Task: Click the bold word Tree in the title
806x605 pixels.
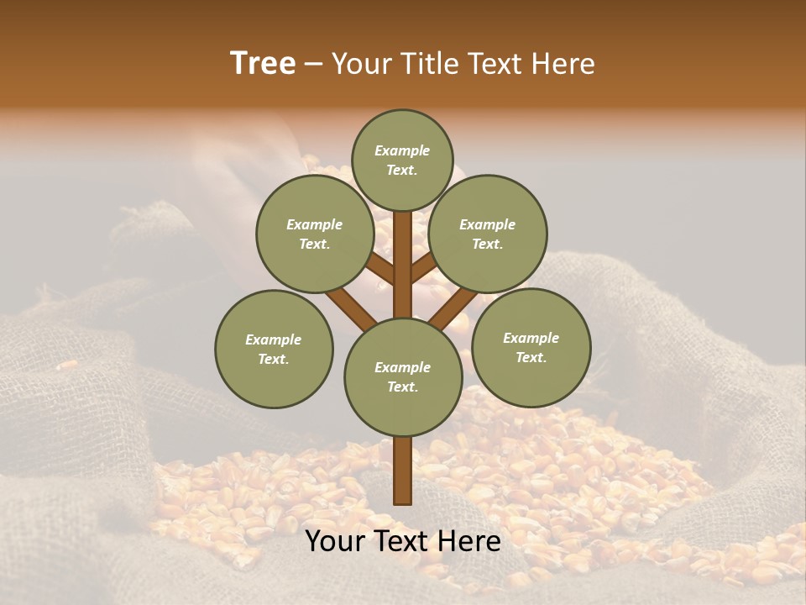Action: coord(263,63)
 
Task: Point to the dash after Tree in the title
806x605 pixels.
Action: coord(313,65)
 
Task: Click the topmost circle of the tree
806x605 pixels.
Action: coord(402,160)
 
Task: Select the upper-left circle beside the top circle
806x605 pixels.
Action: coord(314,234)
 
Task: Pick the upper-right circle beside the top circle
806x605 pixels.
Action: coord(487,234)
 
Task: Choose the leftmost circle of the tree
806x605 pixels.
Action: coord(274,349)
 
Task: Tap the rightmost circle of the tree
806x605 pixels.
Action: coord(531,347)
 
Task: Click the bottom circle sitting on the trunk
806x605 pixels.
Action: coord(403,376)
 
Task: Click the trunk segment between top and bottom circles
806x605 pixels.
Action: coord(403,265)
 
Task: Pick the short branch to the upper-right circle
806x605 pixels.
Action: coord(424,268)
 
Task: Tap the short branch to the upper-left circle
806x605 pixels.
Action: coord(380,268)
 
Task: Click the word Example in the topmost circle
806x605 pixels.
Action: coord(402,150)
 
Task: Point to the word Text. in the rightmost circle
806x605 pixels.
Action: coord(531,357)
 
